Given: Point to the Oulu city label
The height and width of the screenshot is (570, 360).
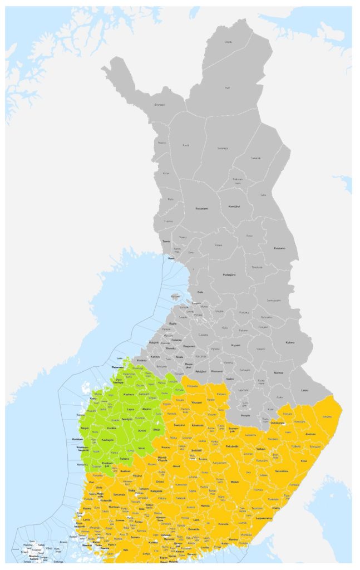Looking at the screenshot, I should pos(200,292).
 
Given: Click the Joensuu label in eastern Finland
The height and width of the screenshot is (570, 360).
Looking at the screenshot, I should pos(310,434).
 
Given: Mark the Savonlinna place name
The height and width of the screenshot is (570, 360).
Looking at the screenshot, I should pos(282,471).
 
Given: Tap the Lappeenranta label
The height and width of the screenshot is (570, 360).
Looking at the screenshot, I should pos(263,518).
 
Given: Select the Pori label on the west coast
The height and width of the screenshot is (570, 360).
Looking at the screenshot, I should pos(92,482).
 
